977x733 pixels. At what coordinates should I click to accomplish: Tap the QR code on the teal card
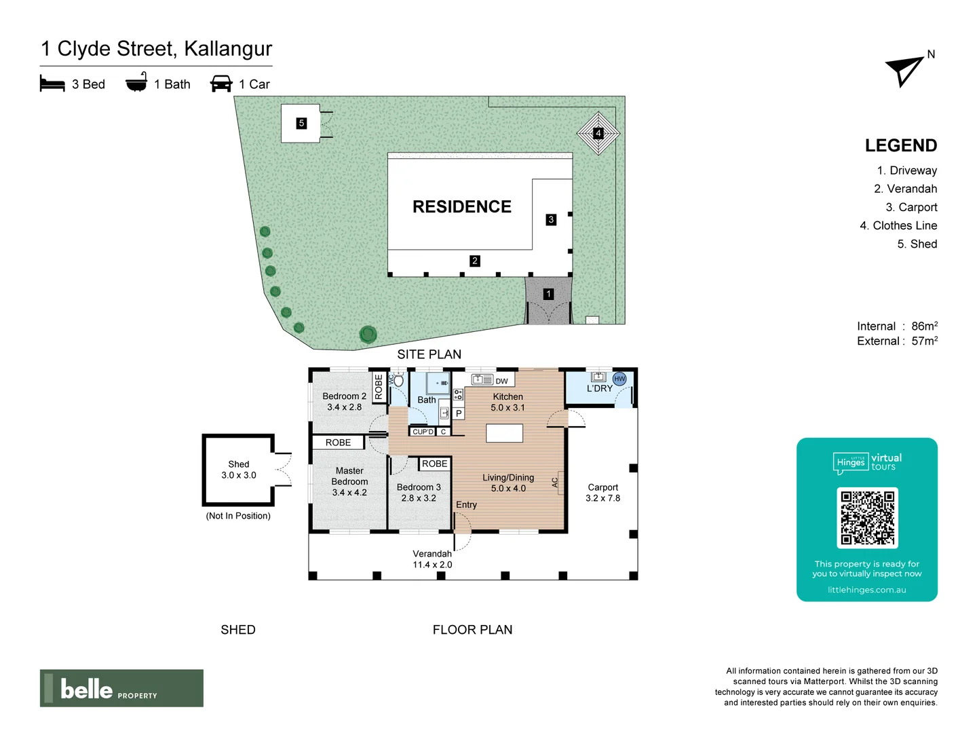click(867, 518)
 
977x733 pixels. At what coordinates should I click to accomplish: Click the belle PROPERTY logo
click(121, 688)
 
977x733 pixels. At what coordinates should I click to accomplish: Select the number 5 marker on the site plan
click(301, 124)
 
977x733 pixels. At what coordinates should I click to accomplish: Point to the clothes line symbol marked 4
click(598, 133)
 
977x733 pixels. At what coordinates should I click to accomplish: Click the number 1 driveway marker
click(548, 295)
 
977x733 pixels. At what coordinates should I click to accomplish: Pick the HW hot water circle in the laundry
click(619, 379)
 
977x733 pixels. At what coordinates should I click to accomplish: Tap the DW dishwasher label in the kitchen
click(501, 381)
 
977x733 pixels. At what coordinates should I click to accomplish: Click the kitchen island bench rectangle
click(504, 433)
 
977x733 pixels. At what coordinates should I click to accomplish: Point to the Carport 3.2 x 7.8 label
click(602, 493)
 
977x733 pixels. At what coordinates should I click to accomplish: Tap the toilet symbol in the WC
click(398, 380)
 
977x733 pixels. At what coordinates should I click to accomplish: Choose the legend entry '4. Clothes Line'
click(898, 225)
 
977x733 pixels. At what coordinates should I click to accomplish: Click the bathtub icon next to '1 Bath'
click(136, 83)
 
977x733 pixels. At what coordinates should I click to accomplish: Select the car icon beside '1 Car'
click(221, 84)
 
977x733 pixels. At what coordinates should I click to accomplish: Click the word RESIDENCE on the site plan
click(462, 207)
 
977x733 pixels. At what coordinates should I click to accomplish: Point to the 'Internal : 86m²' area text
click(897, 326)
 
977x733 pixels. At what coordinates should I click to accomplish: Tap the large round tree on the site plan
click(368, 334)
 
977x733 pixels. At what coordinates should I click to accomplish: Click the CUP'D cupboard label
click(423, 432)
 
